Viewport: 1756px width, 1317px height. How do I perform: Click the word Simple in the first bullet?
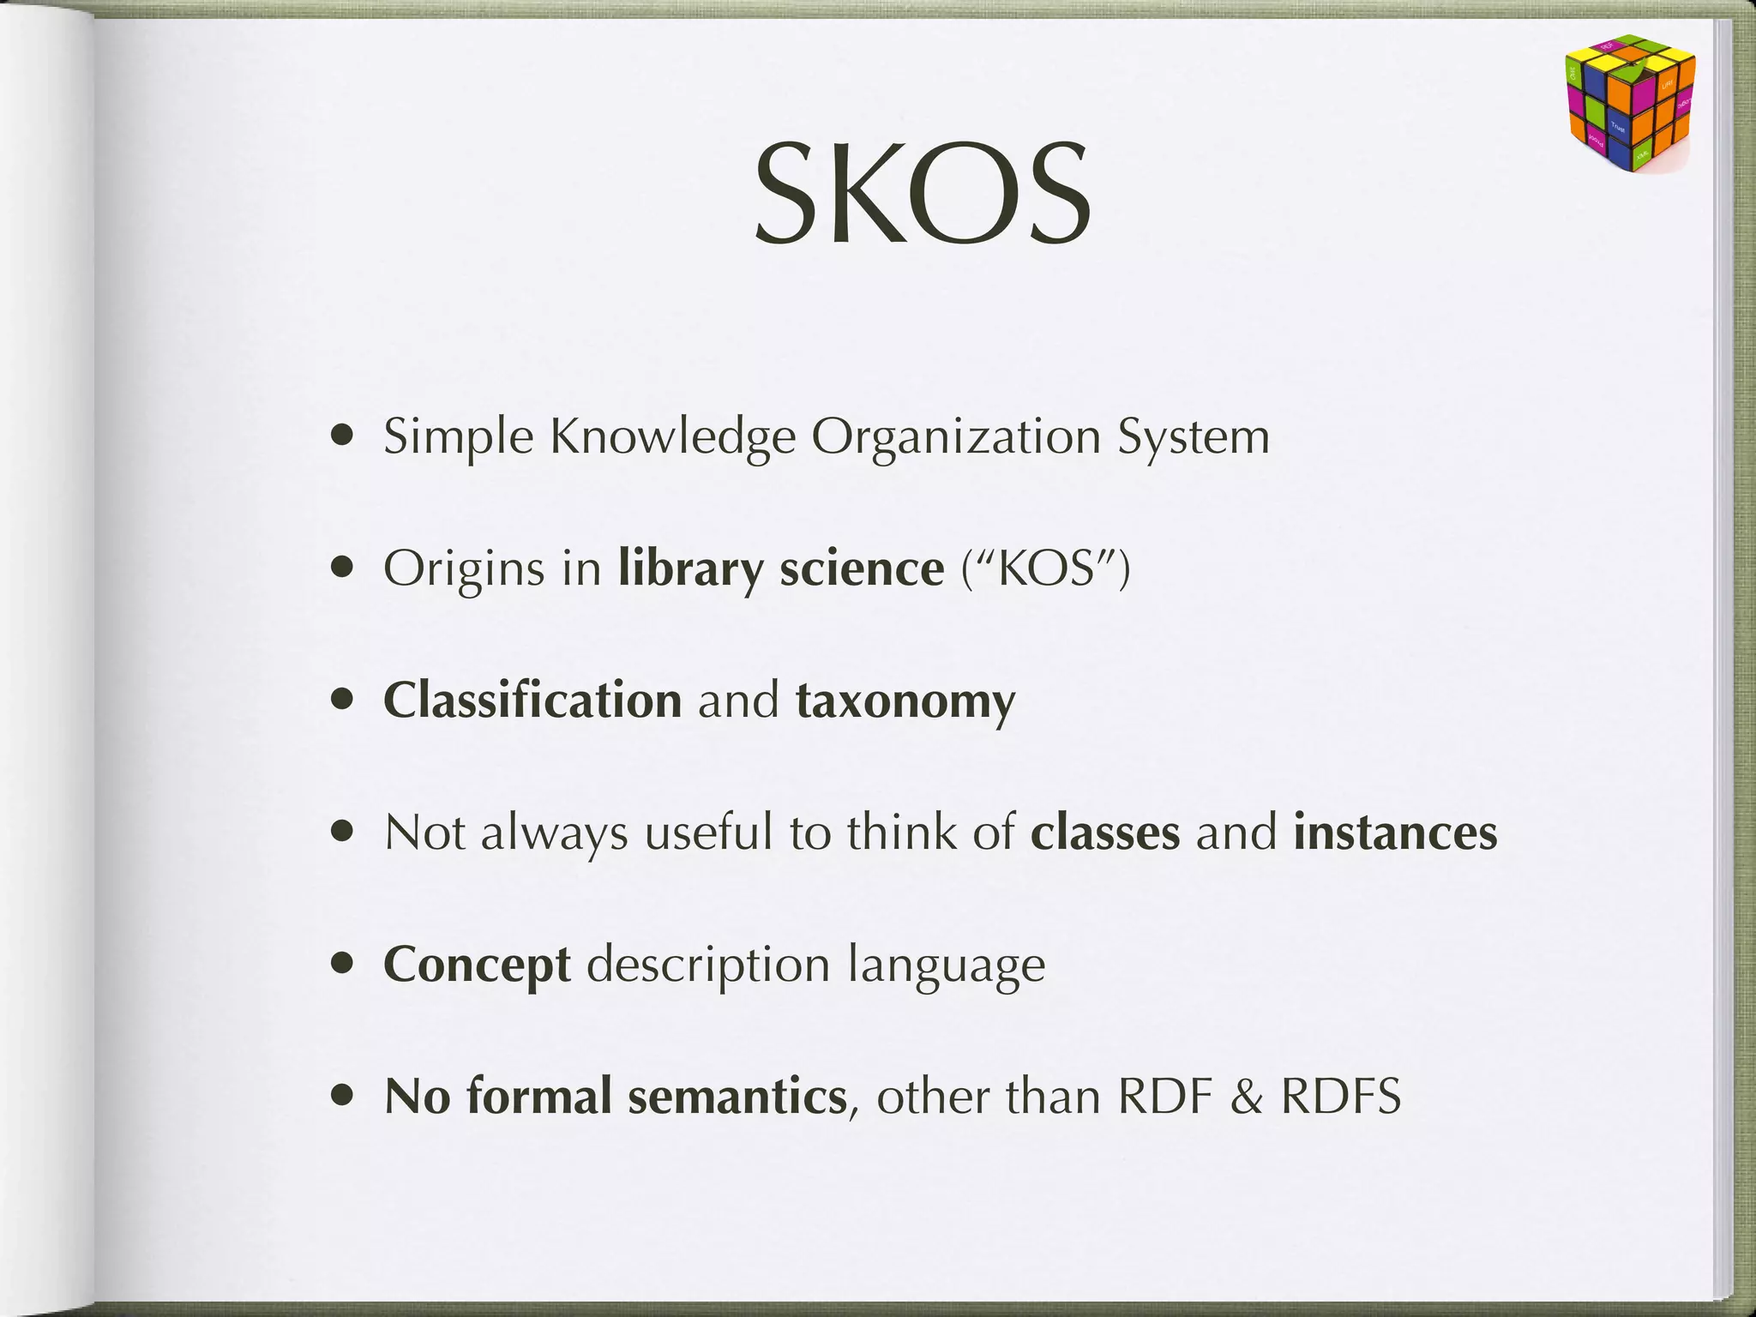tap(459, 438)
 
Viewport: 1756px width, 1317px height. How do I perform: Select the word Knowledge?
tap(673, 438)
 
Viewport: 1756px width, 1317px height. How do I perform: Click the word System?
tap(1193, 438)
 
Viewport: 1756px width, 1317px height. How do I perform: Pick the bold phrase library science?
tap(781, 568)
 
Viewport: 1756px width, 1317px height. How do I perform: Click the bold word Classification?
tap(532, 701)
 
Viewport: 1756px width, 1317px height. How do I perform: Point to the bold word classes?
tap(1105, 833)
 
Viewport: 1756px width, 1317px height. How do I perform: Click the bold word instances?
tap(1395, 833)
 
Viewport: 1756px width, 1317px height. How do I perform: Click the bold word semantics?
tap(737, 1097)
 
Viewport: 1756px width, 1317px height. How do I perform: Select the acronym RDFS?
tap(1341, 1097)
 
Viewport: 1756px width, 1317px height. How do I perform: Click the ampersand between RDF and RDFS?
tap(1246, 1097)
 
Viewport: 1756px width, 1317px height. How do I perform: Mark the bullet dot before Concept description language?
tap(344, 965)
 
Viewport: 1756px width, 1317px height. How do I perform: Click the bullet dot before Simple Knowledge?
tap(344, 436)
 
